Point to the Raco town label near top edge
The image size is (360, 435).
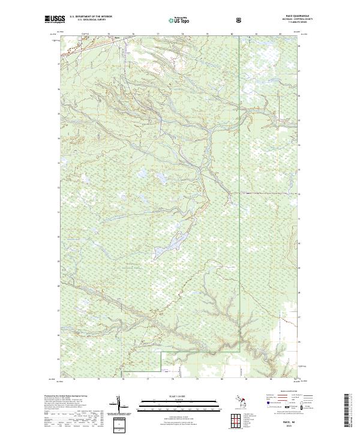(x=118, y=40)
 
